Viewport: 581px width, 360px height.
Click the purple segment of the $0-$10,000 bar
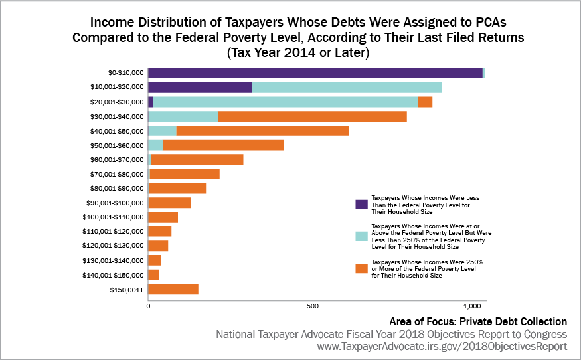coord(315,73)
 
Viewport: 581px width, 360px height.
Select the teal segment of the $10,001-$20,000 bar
coord(347,88)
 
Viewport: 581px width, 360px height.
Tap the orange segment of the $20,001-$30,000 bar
coord(426,102)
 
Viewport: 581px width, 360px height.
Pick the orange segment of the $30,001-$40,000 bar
coord(312,116)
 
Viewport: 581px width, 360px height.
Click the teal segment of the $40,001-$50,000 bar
coord(162,131)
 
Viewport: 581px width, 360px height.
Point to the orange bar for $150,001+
coord(173,289)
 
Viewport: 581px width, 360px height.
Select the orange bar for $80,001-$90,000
coord(177,188)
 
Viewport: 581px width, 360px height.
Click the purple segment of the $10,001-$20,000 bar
coord(200,88)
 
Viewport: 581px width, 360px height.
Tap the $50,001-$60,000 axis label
coord(116,145)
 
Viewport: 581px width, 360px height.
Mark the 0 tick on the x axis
coord(148,306)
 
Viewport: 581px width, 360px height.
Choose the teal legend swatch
coord(362,236)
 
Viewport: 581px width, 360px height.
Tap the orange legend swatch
coord(362,268)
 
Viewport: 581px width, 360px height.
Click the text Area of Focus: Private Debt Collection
coord(478,321)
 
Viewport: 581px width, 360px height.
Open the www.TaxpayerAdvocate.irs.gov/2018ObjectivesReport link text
coord(442,346)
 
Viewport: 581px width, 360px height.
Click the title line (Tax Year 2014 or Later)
coord(297,51)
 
